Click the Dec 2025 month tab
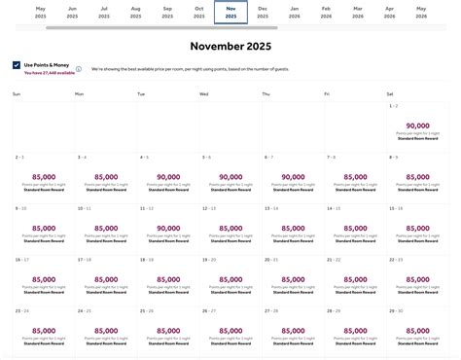click(263, 12)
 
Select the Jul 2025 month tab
click(104, 12)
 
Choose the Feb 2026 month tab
click(326, 12)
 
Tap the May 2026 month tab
click(421, 12)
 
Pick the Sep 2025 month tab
click(167, 12)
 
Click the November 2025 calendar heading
click(230, 45)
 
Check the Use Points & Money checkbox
click(17, 65)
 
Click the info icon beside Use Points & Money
click(79, 69)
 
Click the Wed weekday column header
click(204, 93)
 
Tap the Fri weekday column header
click(329, 93)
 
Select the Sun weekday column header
click(17, 93)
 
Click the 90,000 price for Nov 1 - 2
click(417, 126)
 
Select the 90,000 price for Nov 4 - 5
click(168, 177)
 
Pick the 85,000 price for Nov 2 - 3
click(44, 177)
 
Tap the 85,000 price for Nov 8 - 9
click(417, 177)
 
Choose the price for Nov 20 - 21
click(293, 279)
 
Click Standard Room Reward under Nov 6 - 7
click(355, 191)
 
